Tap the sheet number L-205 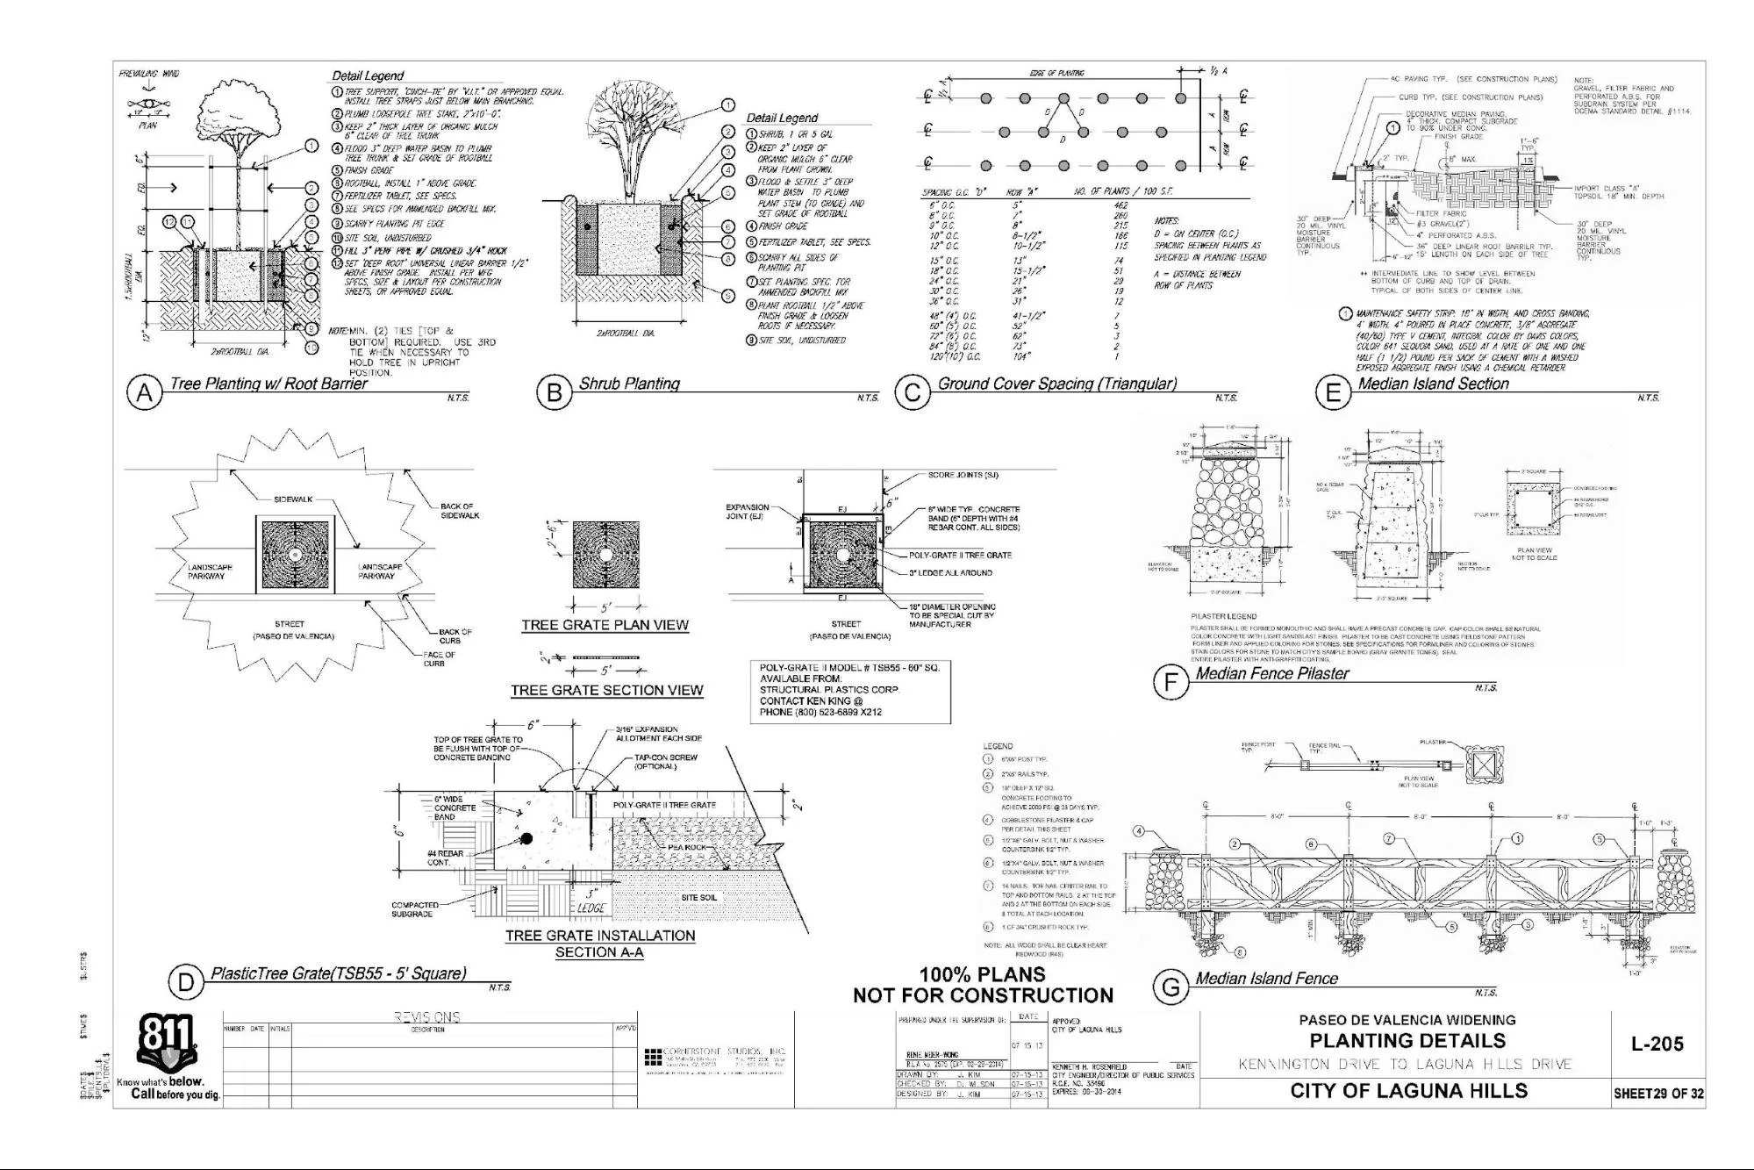pyautogui.click(x=1657, y=1044)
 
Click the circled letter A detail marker pyautogui.click(x=145, y=393)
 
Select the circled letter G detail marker pyautogui.click(x=1171, y=987)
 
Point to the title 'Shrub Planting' pyautogui.click(x=629, y=384)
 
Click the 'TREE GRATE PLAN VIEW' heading pyautogui.click(x=605, y=625)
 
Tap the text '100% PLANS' pyautogui.click(x=982, y=974)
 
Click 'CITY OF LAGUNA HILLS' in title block pyautogui.click(x=1408, y=1091)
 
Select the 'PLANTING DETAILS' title pyautogui.click(x=1407, y=1041)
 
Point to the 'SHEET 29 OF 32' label pyautogui.click(x=1657, y=1094)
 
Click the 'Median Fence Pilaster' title pyautogui.click(x=1271, y=673)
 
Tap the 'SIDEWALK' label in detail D pyautogui.click(x=293, y=499)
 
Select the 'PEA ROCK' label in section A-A pyautogui.click(x=686, y=847)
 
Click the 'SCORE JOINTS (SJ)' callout pyautogui.click(x=963, y=475)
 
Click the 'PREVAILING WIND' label pyautogui.click(x=149, y=74)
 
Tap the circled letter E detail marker pyautogui.click(x=1332, y=393)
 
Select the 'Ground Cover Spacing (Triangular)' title pyautogui.click(x=1057, y=384)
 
